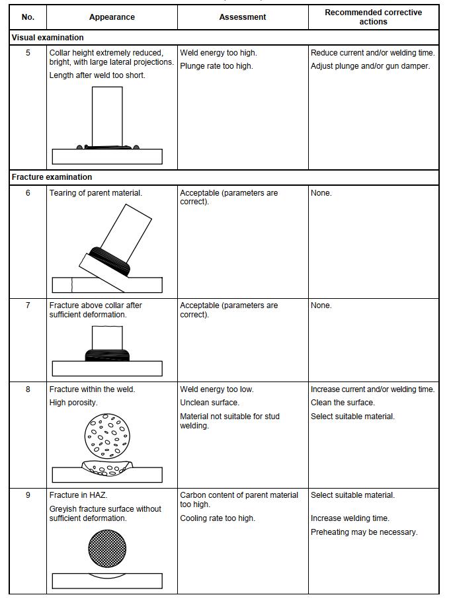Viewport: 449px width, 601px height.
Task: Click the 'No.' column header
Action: tap(28, 17)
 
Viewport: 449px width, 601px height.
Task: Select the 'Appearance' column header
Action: tap(112, 17)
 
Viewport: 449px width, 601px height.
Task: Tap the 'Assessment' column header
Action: tap(243, 17)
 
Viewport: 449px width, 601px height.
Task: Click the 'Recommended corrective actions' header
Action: tap(373, 17)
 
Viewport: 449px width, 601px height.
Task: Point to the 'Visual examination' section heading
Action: tap(48, 38)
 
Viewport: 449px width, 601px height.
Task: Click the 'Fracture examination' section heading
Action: tap(52, 177)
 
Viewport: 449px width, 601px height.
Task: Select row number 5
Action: tap(28, 53)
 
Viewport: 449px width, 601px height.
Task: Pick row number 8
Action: tap(28, 389)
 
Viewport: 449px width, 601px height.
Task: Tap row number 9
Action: tap(28, 495)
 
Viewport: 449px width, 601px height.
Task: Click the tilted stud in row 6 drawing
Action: tap(122, 231)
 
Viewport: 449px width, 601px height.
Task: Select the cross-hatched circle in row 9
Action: tap(107, 548)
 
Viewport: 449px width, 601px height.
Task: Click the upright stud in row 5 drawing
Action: tap(107, 116)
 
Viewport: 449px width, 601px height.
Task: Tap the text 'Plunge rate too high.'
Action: tap(216, 66)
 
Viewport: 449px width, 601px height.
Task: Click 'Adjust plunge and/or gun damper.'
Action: tap(370, 66)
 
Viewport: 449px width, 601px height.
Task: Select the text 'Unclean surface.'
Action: tap(210, 403)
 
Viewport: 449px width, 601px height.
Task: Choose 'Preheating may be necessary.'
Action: tap(364, 532)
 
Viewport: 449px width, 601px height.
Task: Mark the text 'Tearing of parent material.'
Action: tap(96, 193)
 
